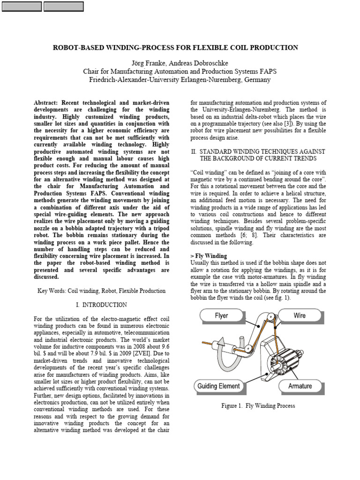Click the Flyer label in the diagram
[x=221, y=315]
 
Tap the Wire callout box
[x=300, y=315]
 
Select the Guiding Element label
[x=218, y=386]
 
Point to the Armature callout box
[x=300, y=386]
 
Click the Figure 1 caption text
[x=258, y=405]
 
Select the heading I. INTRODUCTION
[x=101, y=305]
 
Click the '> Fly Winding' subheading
[x=209, y=256]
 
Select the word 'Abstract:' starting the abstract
[x=49, y=103]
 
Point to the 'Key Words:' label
[x=52, y=291]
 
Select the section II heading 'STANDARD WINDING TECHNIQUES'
[x=262, y=152]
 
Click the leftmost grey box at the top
[x=22, y=7]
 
